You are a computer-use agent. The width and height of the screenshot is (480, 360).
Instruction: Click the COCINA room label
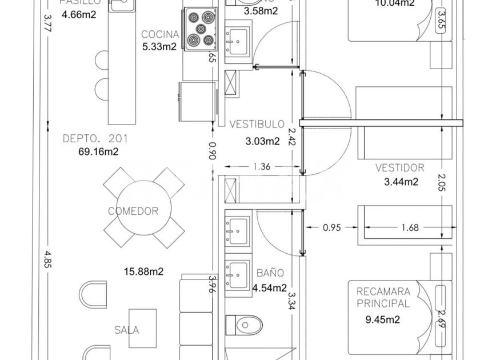coord(160,34)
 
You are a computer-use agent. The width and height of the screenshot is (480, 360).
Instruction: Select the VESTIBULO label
coord(257,124)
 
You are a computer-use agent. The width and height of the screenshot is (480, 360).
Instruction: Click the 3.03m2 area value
coord(262,141)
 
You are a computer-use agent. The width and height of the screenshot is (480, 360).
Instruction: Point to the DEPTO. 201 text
coord(95,138)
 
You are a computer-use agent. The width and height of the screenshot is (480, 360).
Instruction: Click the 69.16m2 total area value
coord(98,151)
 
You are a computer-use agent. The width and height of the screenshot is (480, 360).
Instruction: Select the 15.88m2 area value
coord(143,271)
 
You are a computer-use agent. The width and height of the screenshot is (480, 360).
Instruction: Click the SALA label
coord(126,330)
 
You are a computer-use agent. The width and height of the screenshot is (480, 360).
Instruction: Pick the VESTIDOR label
coord(400,168)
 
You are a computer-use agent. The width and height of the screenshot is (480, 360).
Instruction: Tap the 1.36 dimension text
coord(261,167)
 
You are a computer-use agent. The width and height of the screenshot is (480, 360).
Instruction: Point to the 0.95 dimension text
coord(332,227)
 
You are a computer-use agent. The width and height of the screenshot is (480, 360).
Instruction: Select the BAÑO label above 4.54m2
coord(270,273)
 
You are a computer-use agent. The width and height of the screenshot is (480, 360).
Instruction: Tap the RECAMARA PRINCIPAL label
coord(383,298)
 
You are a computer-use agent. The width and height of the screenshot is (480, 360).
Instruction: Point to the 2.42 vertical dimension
coord(292,137)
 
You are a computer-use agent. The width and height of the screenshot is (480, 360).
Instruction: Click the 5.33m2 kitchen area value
coord(159,47)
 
